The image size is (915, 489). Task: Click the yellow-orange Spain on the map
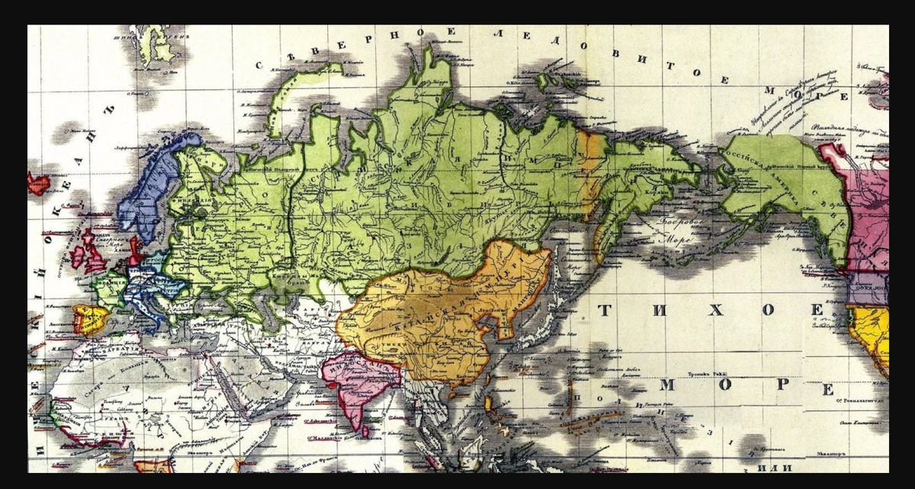click(x=90, y=319)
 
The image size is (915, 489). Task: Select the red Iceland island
click(x=37, y=184)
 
